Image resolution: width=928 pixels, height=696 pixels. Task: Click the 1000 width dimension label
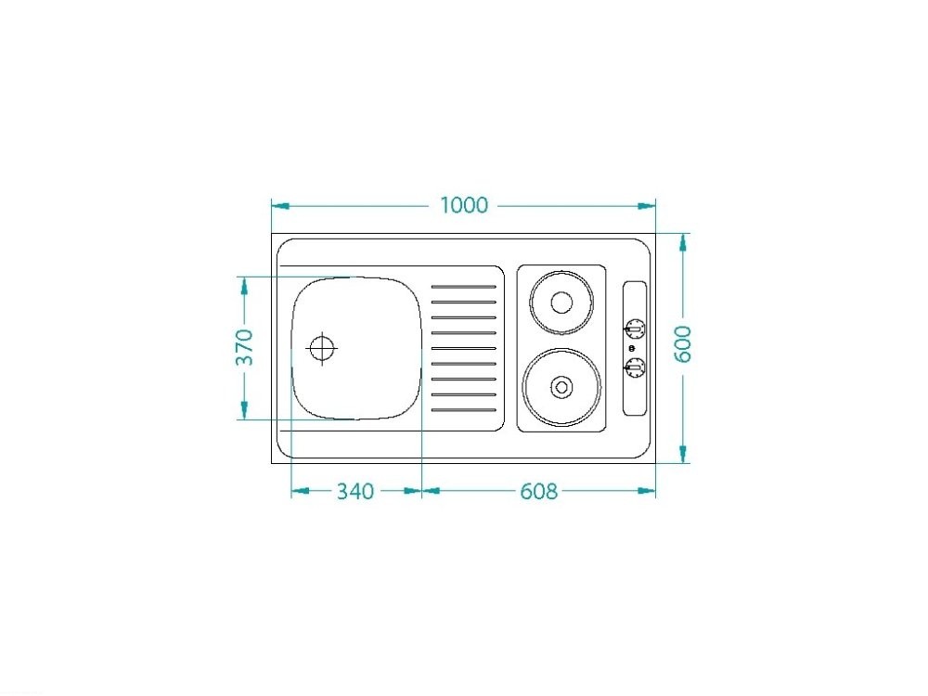pyautogui.click(x=464, y=205)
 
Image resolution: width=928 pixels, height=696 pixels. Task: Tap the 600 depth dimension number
pyautogui.click(x=682, y=344)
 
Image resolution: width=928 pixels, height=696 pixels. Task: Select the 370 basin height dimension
pyautogui.click(x=244, y=347)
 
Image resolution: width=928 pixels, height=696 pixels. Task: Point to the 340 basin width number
pyautogui.click(x=355, y=491)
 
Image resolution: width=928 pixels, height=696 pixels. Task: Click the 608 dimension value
pyautogui.click(x=538, y=491)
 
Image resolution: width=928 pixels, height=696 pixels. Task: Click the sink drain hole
pyautogui.click(x=321, y=348)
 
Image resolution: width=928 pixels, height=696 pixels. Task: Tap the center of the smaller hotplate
pyautogui.click(x=561, y=303)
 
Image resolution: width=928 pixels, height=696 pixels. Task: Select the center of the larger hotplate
pyautogui.click(x=561, y=387)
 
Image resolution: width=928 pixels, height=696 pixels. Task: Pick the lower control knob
pyautogui.click(x=635, y=368)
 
